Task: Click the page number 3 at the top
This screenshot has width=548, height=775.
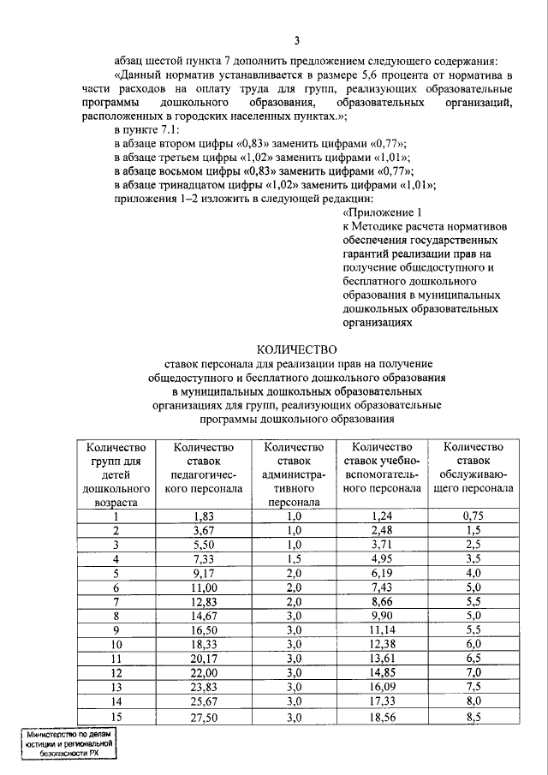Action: point(296,41)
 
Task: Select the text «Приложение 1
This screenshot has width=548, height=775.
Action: point(383,212)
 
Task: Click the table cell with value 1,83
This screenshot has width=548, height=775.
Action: point(203,516)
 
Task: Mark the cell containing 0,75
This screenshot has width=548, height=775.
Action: point(474,516)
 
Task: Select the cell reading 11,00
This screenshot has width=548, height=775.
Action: point(203,587)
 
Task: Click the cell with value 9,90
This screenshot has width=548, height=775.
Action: point(382,616)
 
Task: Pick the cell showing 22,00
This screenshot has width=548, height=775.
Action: point(203,673)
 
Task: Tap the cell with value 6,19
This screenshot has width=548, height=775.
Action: point(382,573)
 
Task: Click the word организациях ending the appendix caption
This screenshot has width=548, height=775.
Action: point(378,325)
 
